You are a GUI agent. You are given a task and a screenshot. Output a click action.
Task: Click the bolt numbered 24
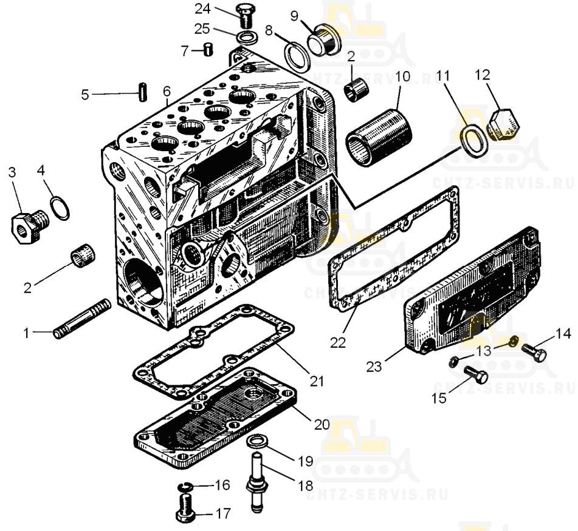point(244,15)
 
